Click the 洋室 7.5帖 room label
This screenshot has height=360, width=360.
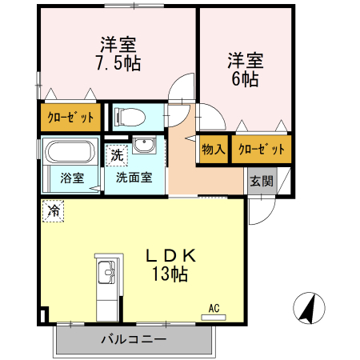(118, 54)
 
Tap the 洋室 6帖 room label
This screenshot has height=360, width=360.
(246, 70)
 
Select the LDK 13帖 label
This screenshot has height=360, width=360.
(170, 265)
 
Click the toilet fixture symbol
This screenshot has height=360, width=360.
(130, 117)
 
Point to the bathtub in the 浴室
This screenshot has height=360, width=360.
(70, 151)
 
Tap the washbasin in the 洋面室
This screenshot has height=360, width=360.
(144, 145)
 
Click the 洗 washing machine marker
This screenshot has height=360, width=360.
(117, 155)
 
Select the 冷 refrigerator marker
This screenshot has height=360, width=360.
(54, 211)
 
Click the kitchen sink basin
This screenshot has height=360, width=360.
(106, 272)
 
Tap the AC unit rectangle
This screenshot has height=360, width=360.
(214, 318)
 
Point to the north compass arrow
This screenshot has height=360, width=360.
(310, 308)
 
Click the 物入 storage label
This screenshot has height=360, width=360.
(214, 149)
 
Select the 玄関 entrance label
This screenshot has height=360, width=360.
(262, 181)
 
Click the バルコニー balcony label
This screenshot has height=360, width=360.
(134, 339)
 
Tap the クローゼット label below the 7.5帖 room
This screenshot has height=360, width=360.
(70, 118)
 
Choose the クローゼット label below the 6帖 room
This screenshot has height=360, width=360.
(262, 149)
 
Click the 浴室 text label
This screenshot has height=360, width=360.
(72, 178)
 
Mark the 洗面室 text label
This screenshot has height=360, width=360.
(134, 178)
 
